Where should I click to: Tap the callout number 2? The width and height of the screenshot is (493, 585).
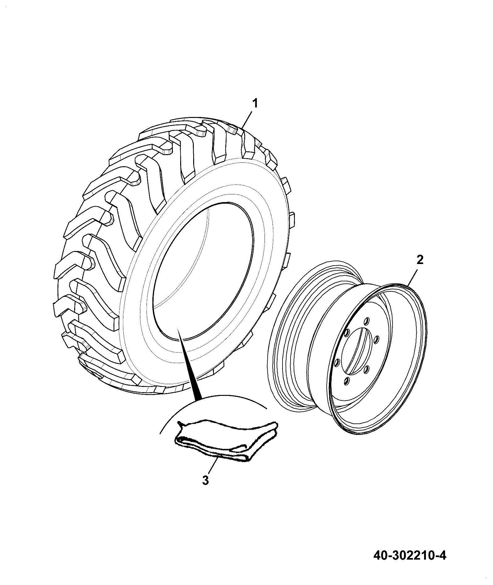pos(420,260)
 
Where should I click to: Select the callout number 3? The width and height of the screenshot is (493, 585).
pos(206,489)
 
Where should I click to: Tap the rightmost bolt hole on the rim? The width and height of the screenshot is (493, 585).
pos(376,340)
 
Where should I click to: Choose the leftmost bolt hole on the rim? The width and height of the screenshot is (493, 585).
pos(337,362)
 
